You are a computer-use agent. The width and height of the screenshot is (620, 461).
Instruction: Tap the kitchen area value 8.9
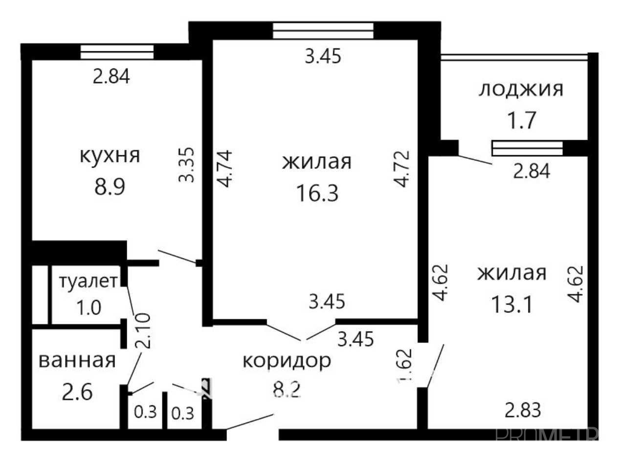point(110,187)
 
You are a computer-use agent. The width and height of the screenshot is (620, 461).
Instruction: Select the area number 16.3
point(317,193)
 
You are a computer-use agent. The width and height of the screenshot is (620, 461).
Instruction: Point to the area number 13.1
point(512,304)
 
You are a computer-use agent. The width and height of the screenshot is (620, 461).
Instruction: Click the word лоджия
point(521,90)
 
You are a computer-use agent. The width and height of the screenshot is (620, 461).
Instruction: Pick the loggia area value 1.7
point(522,120)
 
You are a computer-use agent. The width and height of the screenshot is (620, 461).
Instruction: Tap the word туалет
point(89,281)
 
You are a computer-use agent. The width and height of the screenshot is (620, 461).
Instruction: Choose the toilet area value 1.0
point(89,308)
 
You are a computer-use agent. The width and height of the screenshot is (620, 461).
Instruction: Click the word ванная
point(77,360)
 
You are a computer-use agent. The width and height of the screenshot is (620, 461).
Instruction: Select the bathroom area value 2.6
point(77,392)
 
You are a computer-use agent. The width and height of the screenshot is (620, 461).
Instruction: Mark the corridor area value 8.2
point(287,390)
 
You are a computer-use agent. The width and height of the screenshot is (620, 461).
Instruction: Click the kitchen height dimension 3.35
point(186,165)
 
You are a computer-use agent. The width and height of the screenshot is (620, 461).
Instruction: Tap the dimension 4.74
point(224,168)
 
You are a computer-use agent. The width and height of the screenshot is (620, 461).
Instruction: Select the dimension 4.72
point(402,169)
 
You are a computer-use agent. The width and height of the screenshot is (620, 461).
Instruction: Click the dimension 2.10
point(143,331)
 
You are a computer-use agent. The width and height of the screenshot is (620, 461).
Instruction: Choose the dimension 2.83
point(523,410)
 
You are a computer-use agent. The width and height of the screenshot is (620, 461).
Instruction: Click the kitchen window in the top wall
point(117,52)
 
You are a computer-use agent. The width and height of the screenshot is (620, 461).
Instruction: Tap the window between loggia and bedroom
point(527,148)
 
